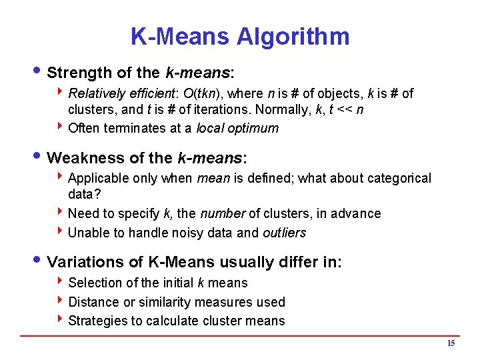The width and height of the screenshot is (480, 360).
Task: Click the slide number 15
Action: point(451,343)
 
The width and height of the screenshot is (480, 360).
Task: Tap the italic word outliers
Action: point(284,233)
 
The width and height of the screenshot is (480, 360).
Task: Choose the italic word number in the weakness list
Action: point(222,213)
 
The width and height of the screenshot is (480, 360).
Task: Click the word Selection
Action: point(94,283)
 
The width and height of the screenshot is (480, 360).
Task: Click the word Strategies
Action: point(97,321)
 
